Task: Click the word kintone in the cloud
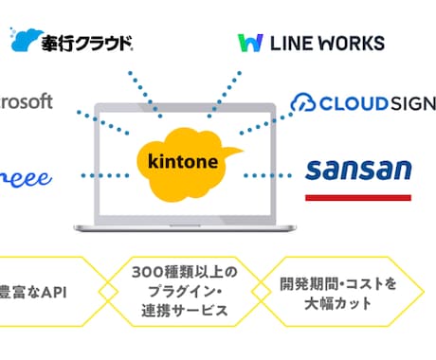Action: click(x=186, y=160)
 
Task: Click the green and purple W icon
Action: click(x=250, y=43)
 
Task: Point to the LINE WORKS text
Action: click(x=328, y=43)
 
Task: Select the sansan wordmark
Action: click(x=357, y=171)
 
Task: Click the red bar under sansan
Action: click(x=357, y=197)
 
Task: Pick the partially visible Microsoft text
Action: click(x=27, y=101)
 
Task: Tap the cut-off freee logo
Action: click(x=26, y=177)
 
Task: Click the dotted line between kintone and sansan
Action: click(x=268, y=175)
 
